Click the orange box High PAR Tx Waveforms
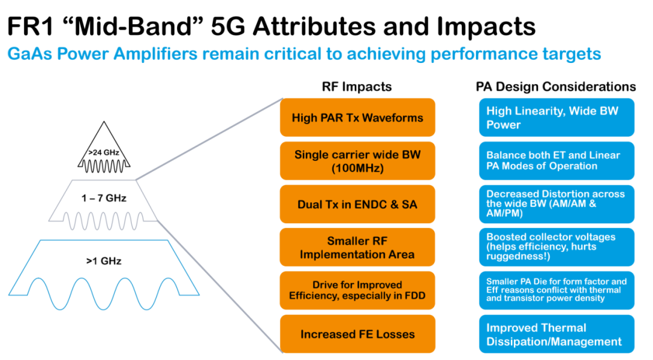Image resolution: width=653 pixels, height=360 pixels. point(357,117)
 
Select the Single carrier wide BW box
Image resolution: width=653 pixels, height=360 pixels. point(357,161)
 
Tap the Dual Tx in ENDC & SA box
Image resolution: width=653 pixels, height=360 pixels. point(357,204)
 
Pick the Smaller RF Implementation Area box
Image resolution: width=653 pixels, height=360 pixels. point(357,247)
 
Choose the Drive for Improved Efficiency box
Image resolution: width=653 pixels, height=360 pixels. point(357,290)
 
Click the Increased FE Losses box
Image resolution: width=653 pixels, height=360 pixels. point(357,334)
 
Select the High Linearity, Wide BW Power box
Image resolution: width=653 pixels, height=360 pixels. point(557,117)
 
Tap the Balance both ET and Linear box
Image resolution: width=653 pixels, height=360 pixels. point(557,161)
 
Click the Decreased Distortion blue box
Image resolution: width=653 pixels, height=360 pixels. point(557,204)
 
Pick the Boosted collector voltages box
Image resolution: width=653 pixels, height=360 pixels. point(557,247)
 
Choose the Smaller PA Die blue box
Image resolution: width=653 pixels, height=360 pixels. point(557,290)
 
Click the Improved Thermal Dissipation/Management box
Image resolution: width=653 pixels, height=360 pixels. point(557,334)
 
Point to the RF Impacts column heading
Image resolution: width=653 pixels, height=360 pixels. point(357,87)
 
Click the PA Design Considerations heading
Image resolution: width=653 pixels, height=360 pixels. point(556,87)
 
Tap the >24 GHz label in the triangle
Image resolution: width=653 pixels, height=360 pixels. point(104,152)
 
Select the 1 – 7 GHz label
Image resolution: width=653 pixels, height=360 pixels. point(104,198)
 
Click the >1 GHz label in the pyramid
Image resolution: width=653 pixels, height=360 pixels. point(104,261)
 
